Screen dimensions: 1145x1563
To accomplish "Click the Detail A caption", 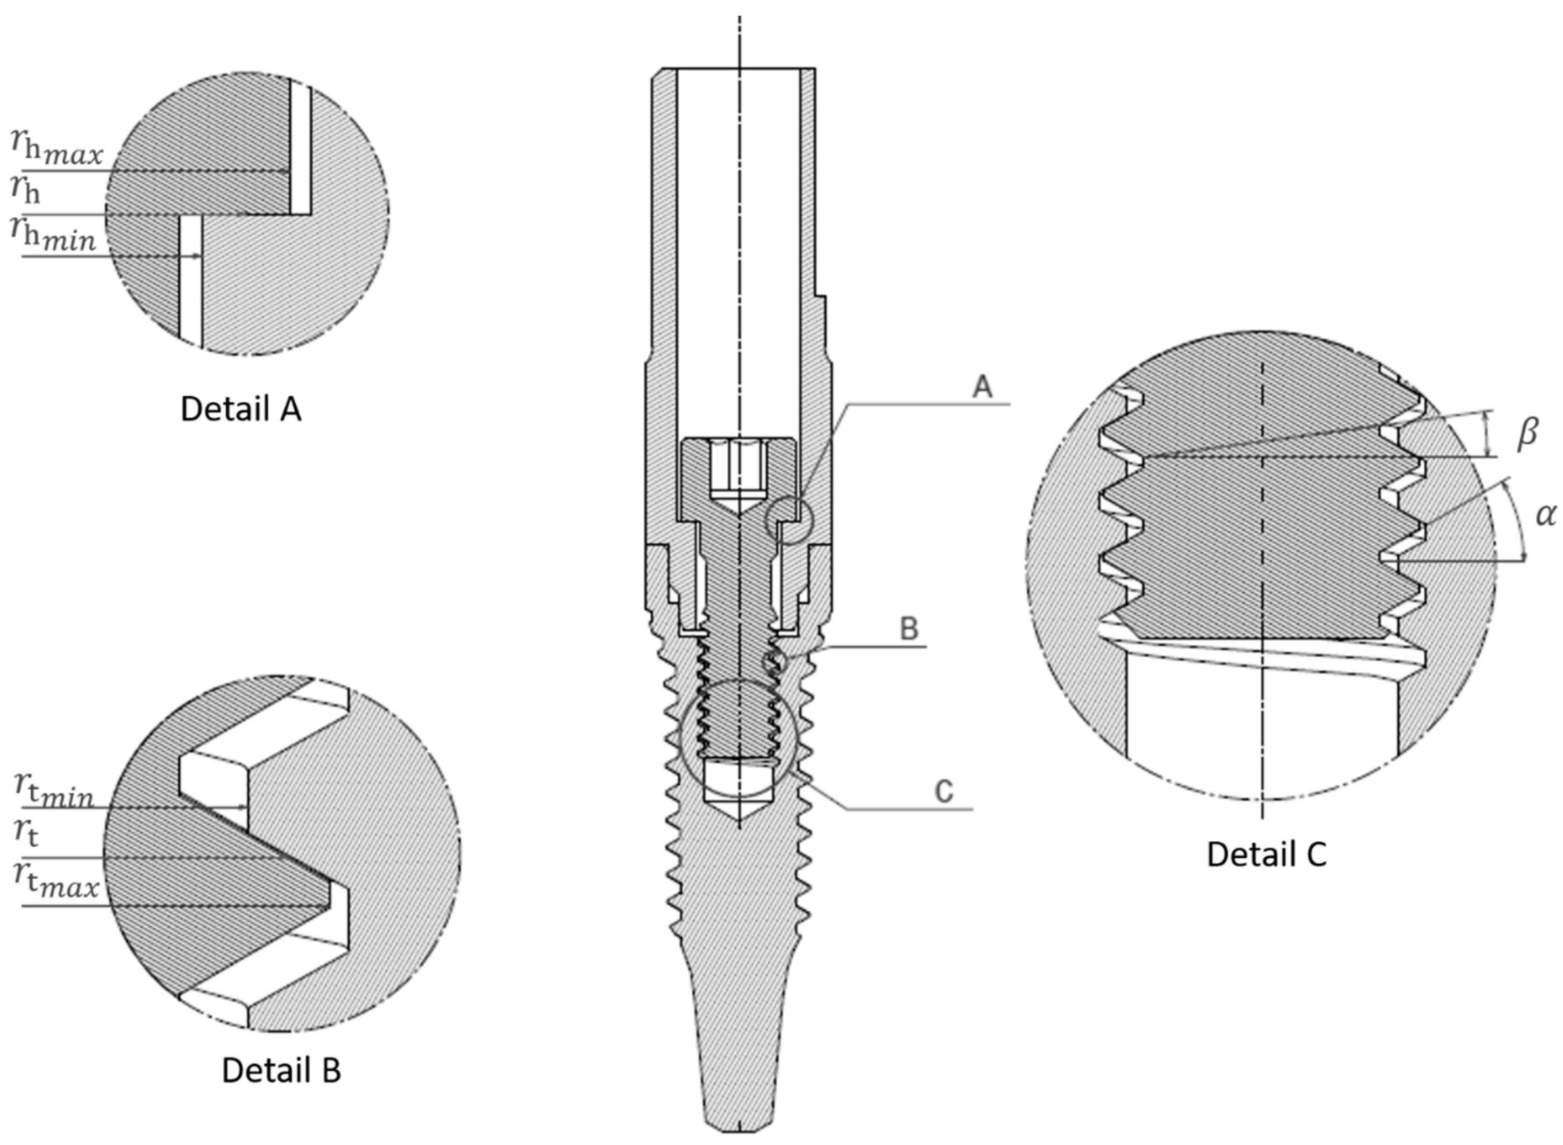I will pyautogui.click(x=241, y=410).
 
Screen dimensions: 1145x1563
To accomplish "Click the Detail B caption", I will pyautogui.click(x=281, y=1070).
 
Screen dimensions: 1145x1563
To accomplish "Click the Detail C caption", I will pyautogui.click(x=1266, y=854).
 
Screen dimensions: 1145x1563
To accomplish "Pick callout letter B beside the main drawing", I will pyautogui.click(x=909, y=629).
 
